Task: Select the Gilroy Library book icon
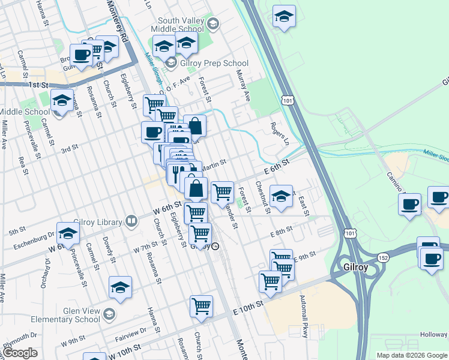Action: (x=131, y=222)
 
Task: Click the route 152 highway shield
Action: (x=382, y=257)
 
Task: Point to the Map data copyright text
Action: (x=412, y=355)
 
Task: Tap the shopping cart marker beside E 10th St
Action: (x=201, y=305)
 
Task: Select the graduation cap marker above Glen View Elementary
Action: (x=121, y=287)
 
